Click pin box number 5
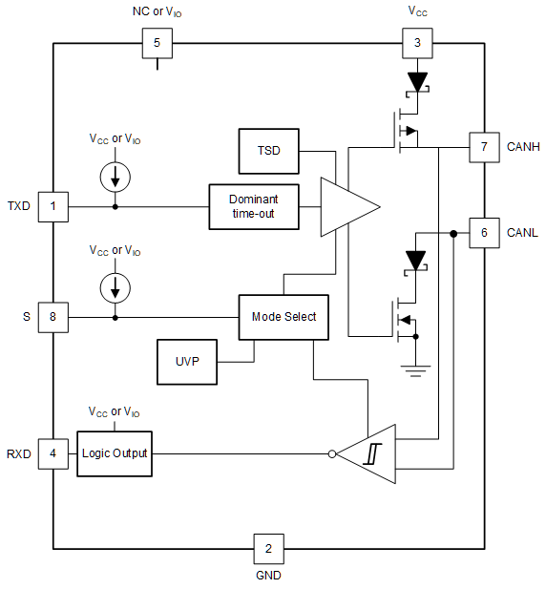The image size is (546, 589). point(157,43)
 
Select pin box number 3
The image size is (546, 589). point(416,43)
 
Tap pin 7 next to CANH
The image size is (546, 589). point(484,148)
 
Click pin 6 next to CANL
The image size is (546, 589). point(484,232)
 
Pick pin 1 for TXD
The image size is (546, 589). point(52,206)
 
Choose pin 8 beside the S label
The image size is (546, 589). point(52,317)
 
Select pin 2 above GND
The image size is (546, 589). point(268,548)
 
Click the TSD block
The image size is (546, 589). point(268,152)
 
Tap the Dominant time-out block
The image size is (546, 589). point(253,206)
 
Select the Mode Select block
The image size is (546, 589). point(283,317)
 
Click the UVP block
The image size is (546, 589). point(186,362)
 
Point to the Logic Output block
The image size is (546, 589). point(115,452)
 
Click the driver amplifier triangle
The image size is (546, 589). point(345,206)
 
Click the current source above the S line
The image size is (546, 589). point(115,287)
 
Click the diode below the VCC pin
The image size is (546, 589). point(416,82)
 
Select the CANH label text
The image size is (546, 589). point(523,148)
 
